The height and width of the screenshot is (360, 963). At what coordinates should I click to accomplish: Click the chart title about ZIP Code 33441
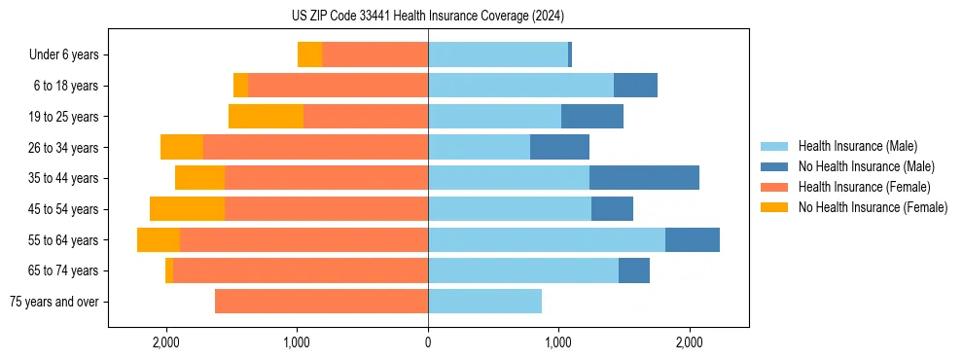pyautogui.click(x=428, y=16)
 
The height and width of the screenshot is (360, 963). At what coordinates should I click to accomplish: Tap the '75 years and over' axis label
pyautogui.click(x=54, y=302)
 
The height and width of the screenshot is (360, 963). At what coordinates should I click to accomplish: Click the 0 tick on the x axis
pyautogui.click(x=428, y=342)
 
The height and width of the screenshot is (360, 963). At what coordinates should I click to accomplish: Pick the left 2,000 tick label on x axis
pyautogui.click(x=166, y=342)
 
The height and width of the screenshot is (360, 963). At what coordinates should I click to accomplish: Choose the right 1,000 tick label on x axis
pyautogui.click(x=558, y=342)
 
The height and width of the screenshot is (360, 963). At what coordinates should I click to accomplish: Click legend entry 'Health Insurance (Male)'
pyautogui.click(x=857, y=146)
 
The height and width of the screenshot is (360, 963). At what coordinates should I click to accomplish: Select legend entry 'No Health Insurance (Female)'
pyautogui.click(x=873, y=207)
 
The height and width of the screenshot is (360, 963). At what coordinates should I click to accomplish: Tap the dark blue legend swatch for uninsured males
pyautogui.click(x=775, y=166)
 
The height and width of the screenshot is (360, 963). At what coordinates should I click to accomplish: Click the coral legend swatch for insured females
pyautogui.click(x=775, y=187)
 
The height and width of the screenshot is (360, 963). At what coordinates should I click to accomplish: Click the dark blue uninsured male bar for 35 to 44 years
pyautogui.click(x=644, y=178)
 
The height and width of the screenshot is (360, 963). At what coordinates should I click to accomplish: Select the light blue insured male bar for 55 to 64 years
pyautogui.click(x=547, y=239)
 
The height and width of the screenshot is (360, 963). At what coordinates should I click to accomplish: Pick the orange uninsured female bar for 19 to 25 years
pyautogui.click(x=266, y=117)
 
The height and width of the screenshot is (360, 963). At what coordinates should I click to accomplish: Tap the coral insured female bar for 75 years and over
pyautogui.click(x=321, y=302)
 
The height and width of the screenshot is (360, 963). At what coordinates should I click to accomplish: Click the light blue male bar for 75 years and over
pyautogui.click(x=484, y=302)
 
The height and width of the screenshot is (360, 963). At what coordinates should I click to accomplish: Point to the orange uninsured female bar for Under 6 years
pyautogui.click(x=309, y=55)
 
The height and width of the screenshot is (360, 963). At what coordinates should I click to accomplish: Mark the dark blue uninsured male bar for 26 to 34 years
pyautogui.click(x=559, y=148)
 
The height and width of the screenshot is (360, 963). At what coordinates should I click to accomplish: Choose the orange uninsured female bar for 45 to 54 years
pyautogui.click(x=187, y=209)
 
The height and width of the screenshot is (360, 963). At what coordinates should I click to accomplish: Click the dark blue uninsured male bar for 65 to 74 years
pyautogui.click(x=634, y=270)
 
